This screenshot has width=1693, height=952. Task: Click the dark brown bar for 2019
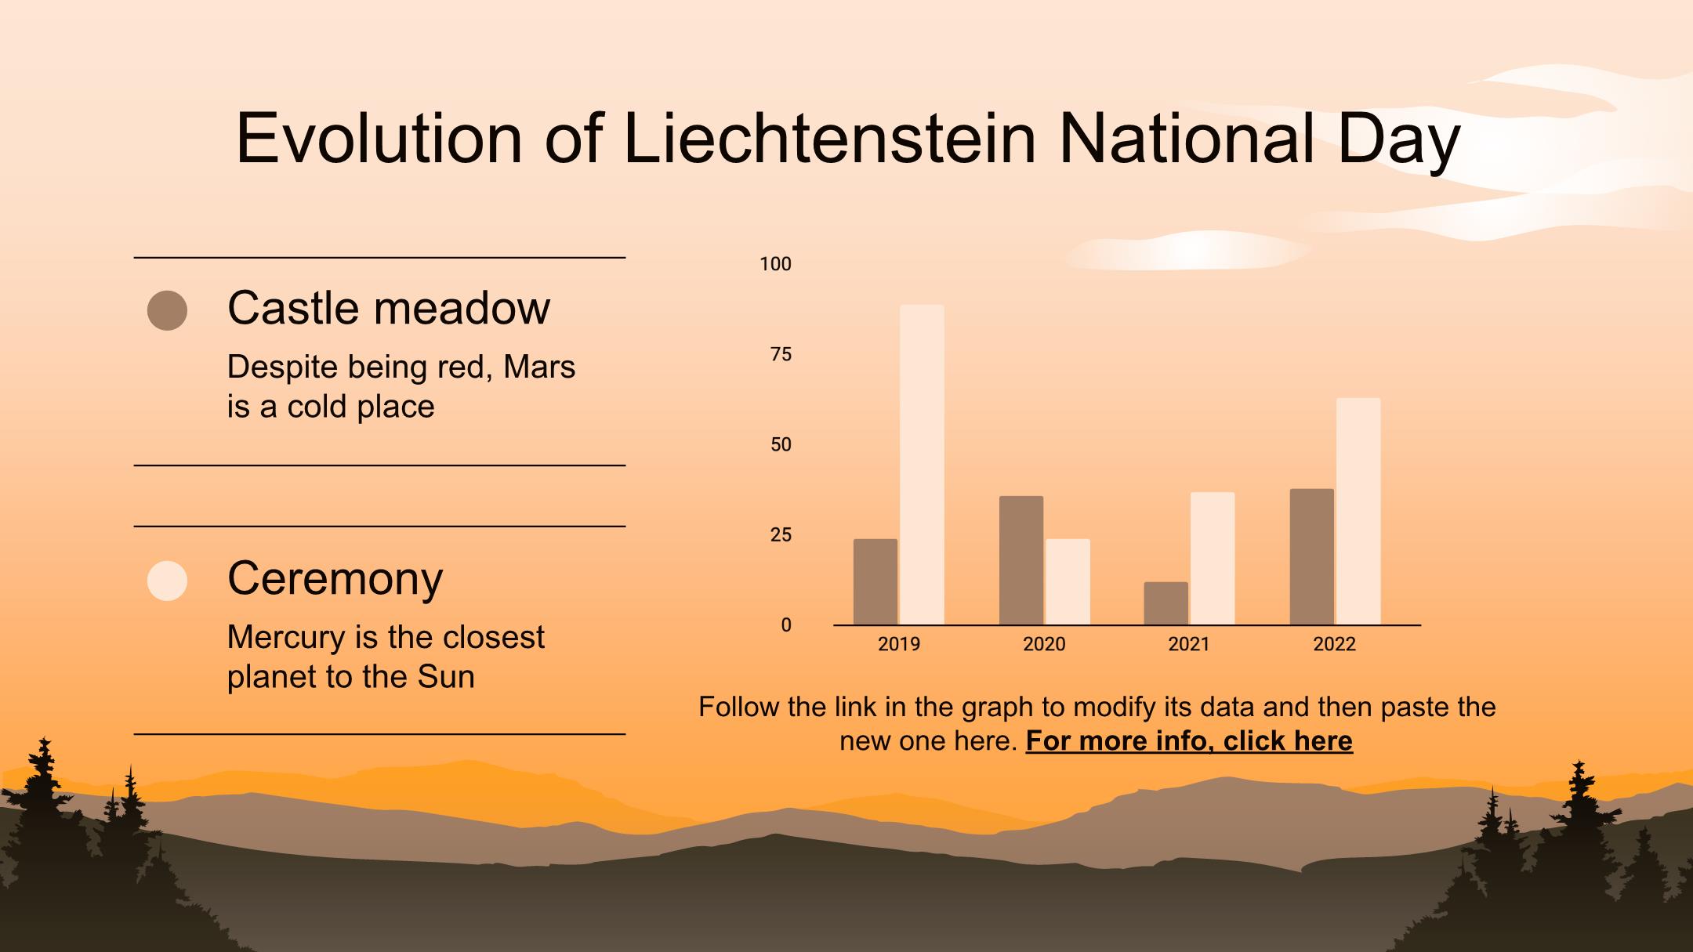(x=876, y=582)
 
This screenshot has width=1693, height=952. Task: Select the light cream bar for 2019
(x=922, y=465)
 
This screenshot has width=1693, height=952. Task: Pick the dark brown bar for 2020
(x=1021, y=560)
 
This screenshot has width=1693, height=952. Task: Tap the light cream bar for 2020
(x=1068, y=582)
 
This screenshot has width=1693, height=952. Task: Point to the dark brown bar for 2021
(x=1166, y=603)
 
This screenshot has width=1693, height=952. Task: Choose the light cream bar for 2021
(x=1213, y=559)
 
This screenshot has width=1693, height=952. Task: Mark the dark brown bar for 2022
(x=1312, y=557)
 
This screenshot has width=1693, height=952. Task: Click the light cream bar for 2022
(x=1358, y=512)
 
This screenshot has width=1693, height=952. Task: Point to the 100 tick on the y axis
(x=776, y=264)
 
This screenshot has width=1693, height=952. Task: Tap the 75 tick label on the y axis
(x=781, y=355)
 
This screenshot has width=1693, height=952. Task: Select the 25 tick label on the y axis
(x=781, y=535)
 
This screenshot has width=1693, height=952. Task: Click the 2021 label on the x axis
(x=1189, y=644)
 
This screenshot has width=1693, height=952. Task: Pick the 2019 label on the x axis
(x=899, y=644)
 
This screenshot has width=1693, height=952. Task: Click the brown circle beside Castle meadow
(x=167, y=310)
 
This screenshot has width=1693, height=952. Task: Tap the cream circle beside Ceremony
(x=167, y=581)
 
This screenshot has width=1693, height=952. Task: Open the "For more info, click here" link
(x=1189, y=740)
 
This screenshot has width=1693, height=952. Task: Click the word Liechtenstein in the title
(x=830, y=138)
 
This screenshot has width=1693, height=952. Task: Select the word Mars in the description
(x=539, y=367)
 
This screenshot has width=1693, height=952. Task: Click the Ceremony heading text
(x=335, y=578)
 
